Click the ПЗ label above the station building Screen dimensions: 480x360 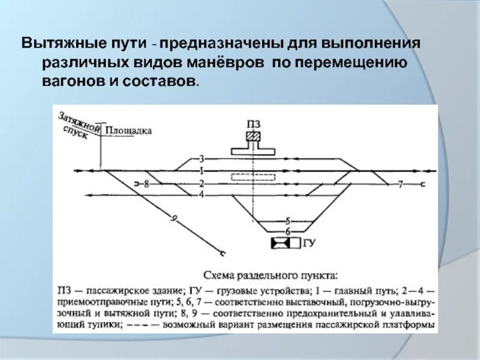(x=254, y=124)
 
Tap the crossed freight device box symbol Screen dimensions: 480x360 (x=281, y=243)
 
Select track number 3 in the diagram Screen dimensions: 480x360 (x=202, y=158)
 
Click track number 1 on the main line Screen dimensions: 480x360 (x=202, y=171)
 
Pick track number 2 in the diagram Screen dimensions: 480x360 (x=202, y=184)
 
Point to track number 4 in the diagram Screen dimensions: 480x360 (x=202, y=195)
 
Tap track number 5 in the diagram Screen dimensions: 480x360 (x=287, y=220)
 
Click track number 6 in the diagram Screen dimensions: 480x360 (x=287, y=232)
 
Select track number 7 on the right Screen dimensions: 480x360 (x=400, y=184)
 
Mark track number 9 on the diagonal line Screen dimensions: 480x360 (x=174, y=220)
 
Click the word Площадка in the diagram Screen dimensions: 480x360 (x=128, y=130)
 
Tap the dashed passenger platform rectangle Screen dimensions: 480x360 (x=254, y=177)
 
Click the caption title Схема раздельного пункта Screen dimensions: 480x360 (x=271, y=276)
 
